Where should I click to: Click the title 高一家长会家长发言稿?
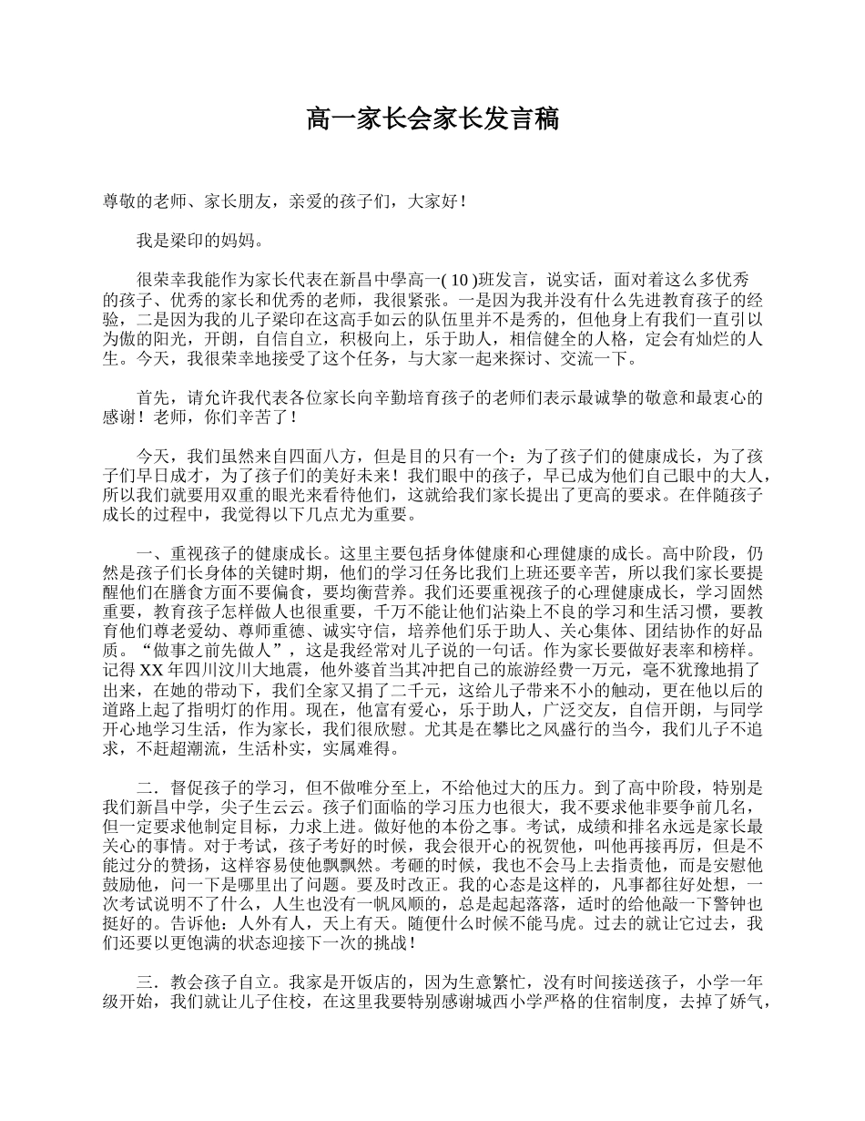pyautogui.click(x=432, y=119)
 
